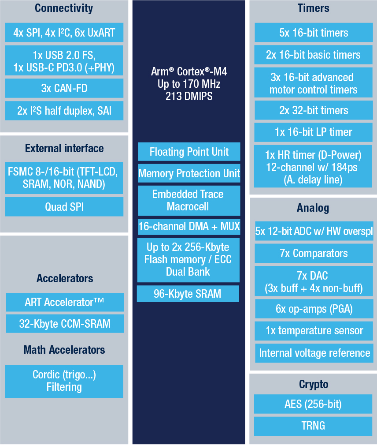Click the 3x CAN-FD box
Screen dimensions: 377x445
click(64, 88)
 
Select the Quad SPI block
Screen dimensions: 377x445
click(64, 207)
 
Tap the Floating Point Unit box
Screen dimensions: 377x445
click(189, 152)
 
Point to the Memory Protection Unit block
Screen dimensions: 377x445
click(189, 173)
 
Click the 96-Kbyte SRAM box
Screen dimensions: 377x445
click(188, 294)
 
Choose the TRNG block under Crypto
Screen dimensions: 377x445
click(313, 426)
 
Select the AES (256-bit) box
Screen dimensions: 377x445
click(313, 404)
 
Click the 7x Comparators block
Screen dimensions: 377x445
click(314, 253)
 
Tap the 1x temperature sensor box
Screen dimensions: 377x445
click(314, 331)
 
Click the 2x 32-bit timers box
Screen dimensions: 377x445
click(314, 110)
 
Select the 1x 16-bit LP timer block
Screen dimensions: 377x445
click(314, 132)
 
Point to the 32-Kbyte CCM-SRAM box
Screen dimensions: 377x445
click(65, 324)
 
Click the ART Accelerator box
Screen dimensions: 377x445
click(65, 302)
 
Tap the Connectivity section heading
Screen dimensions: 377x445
click(64, 8)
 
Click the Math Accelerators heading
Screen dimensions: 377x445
click(64, 350)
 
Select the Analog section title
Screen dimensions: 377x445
click(313, 208)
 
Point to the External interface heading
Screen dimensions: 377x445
click(64, 149)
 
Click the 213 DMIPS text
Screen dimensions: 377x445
click(189, 96)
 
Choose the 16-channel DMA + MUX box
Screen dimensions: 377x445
click(189, 227)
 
